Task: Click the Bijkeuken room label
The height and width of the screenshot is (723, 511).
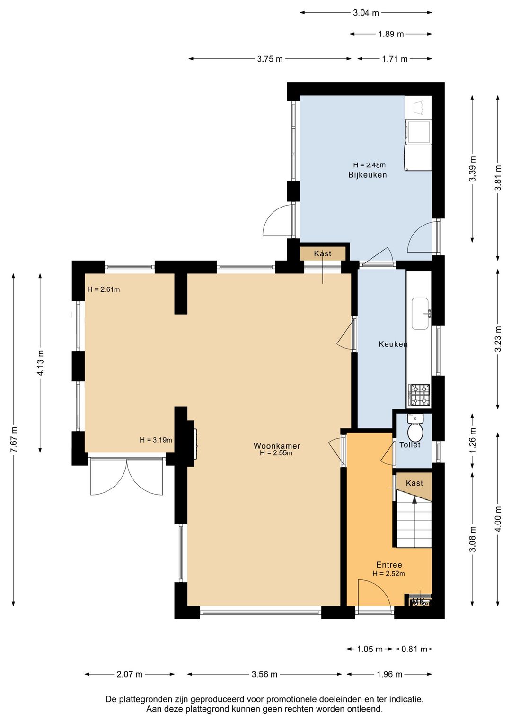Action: point(367,175)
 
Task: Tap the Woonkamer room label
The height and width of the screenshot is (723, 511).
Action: point(277,446)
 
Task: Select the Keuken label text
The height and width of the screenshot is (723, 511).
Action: point(393,344)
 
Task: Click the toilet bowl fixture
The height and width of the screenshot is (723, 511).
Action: point(415,432)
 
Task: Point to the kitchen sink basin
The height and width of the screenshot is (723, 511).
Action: point(420,313)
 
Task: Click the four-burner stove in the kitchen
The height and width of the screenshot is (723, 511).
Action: point(419,395)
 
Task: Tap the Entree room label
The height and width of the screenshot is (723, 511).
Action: point(389,565)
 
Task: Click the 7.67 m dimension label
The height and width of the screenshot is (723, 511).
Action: point(14,439)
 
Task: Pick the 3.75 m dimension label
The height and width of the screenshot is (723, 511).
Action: point(270,59)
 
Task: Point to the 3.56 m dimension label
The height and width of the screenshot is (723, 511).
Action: point(264,674)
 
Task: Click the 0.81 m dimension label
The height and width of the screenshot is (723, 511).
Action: point(414,649)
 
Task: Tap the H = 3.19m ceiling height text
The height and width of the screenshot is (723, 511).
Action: point(156,440)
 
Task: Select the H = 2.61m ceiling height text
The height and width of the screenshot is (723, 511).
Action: point(104,289)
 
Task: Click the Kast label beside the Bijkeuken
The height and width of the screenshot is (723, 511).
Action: point(323,253)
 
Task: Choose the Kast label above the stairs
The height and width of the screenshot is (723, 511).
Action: point(414,483)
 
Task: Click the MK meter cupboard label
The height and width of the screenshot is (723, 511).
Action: point(418,601)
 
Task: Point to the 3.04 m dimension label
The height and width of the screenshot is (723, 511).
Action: point(366,13)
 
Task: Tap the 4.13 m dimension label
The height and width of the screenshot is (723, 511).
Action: point(41,363)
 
